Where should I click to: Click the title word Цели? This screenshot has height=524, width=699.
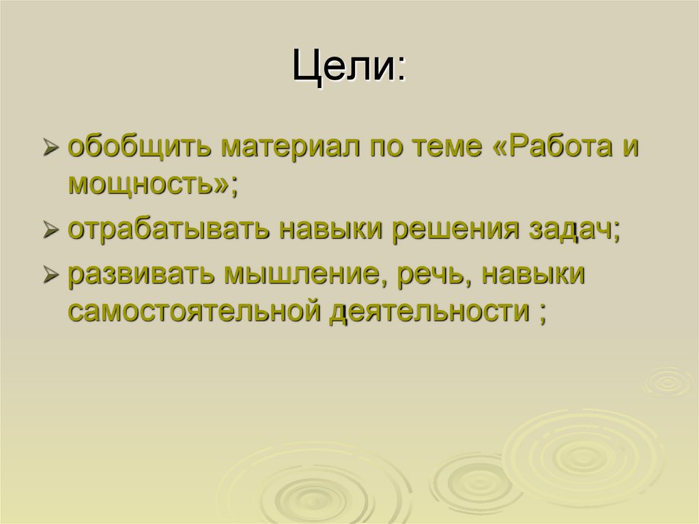pos(344,67)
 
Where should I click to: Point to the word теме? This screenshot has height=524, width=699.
pos(446,148)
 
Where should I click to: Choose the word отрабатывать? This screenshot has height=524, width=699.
pos(169,229)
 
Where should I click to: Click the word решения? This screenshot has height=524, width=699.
pos(455,230)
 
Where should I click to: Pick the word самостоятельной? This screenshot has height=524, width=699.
pos(194,311)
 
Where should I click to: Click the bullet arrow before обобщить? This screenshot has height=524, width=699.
pos(51,148)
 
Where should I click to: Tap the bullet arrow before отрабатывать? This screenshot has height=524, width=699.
pos(51,230)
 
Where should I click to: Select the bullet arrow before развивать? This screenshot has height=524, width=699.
pos(51,275)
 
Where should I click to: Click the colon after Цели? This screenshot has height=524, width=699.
pos(401,69)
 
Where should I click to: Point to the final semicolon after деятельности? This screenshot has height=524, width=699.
pos(542,314)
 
